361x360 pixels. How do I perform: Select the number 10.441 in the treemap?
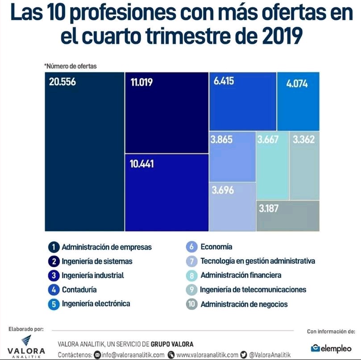(141, 164)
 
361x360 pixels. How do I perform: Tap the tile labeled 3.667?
(272, 165)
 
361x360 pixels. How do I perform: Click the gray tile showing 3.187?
(288, 216)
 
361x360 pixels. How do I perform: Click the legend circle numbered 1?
(54, 247)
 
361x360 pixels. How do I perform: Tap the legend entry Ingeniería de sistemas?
(97, 261)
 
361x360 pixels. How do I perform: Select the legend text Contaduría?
(79, 290)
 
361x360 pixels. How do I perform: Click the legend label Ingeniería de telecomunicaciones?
(253, 290)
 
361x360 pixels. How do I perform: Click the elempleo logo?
(331, 348)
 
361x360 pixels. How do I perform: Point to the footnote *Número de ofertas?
(70, 66)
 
